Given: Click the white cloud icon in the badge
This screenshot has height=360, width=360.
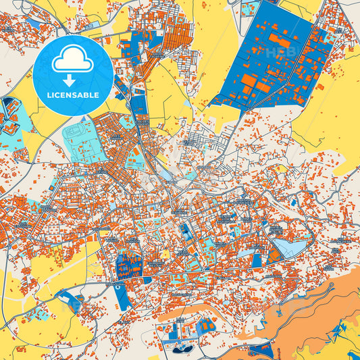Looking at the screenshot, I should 72,60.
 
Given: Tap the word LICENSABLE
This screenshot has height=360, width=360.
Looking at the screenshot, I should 73,95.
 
